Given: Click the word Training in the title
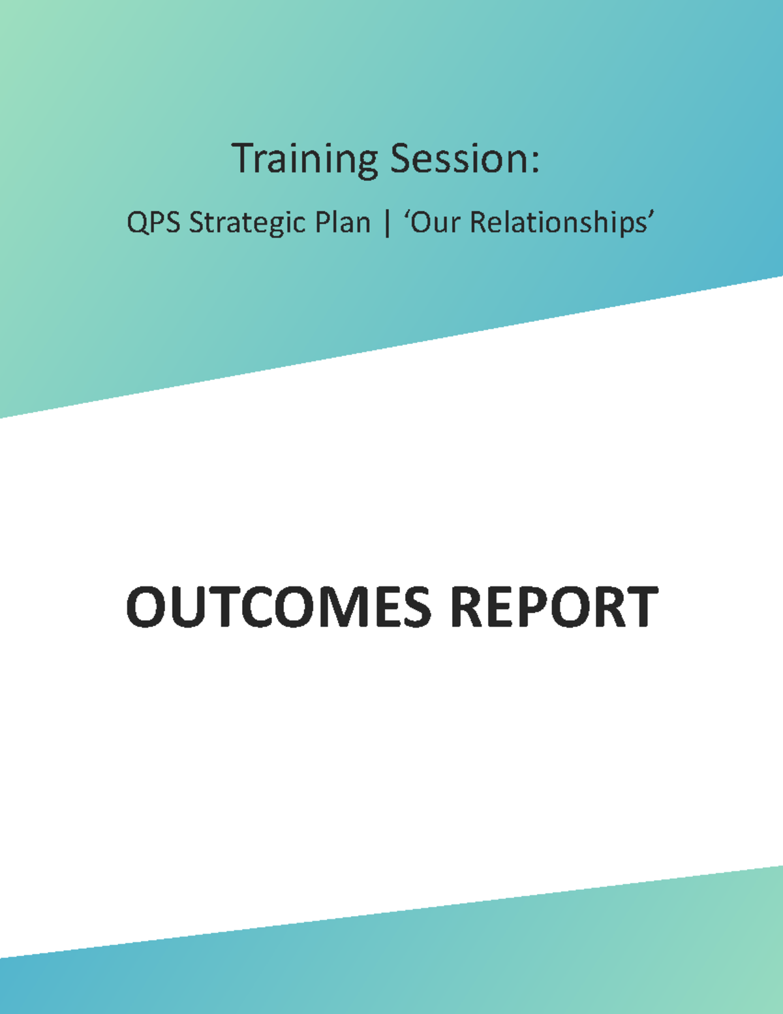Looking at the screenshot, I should tap(305, 159).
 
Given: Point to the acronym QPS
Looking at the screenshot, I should tap(153, 223).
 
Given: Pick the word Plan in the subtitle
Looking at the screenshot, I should tap(343, 223).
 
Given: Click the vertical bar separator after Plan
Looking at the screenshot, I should tap(388, 223).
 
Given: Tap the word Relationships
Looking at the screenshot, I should tap(558, 223).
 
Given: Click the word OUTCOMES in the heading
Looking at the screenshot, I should tap(279, 607).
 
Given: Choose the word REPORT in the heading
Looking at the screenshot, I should tap(554, 607).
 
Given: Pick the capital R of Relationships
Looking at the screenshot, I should tap(479, 223).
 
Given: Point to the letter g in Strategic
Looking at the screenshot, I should tap(282, 225).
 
